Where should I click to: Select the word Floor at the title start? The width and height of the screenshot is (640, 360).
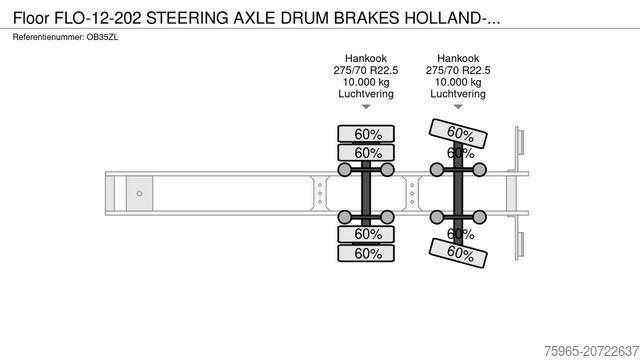(x=31, y=16)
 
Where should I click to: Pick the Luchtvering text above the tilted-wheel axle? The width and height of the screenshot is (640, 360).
(x=458, y=94)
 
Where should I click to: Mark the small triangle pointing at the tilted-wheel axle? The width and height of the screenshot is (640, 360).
(x=458, y=107)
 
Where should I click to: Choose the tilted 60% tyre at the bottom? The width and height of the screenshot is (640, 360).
(x=460, y=253)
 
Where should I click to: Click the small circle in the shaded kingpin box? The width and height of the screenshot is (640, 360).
(x=140, y=192)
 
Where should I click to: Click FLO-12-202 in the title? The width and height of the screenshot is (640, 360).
(x=93, y=16)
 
